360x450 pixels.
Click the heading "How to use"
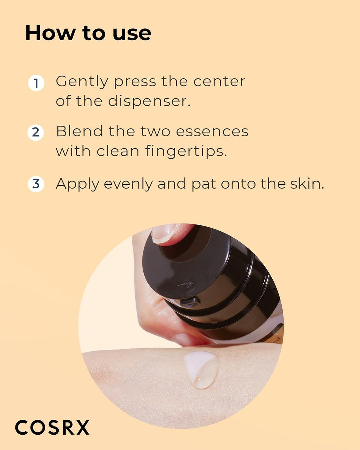click(88, 33)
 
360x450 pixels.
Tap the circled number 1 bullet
click(36, 83)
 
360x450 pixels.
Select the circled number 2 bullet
click(36, 132)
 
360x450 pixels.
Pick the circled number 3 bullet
click(36, 184)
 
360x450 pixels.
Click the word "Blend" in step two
click(79, 131)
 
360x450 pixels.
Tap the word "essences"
click(212, 131)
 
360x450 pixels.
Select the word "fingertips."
click(186, 151)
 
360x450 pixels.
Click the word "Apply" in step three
click(77, 184)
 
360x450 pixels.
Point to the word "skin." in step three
click(307, 184)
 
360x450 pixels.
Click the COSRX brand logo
click(52, 427)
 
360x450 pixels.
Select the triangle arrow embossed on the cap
click(186, 286)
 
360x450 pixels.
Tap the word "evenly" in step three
click(128, 184)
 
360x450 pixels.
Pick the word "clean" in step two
click(118, 151)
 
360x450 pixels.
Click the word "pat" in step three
click(204, 184)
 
